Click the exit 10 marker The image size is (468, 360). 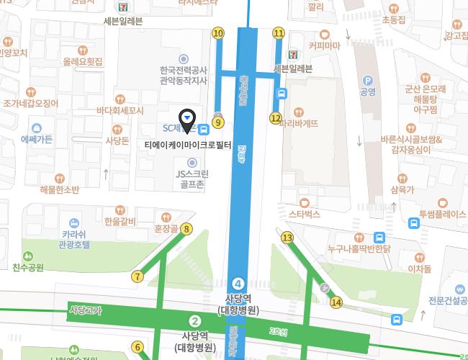click(x=218, y=33)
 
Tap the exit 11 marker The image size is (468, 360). click(x=279, y=33)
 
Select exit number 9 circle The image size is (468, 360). click(x=218, y=122)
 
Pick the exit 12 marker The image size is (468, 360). click(x=276, y=117)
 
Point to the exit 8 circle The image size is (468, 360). click(x=186, y=229)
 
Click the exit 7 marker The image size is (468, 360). click(x=137, y=276)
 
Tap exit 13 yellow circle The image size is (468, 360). click(x=287, y=238)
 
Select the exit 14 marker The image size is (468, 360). click(x=336, y=302)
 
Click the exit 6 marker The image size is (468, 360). click(x=137, y=347)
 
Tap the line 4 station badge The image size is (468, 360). click(x=238, y=284)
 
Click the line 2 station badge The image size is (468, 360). click(x=194, y=321)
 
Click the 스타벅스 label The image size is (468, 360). click(x=304, y=214)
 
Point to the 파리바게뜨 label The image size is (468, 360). click(x=299, y=123)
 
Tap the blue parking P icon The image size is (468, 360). click(x=368, y=81)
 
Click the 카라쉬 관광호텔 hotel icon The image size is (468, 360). click(x=73, y=223)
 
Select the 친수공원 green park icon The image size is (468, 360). click(x=28, y=256)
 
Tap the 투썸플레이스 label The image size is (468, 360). click(x=443, y=214)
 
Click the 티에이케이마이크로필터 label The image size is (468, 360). click(x=188, y=145)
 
